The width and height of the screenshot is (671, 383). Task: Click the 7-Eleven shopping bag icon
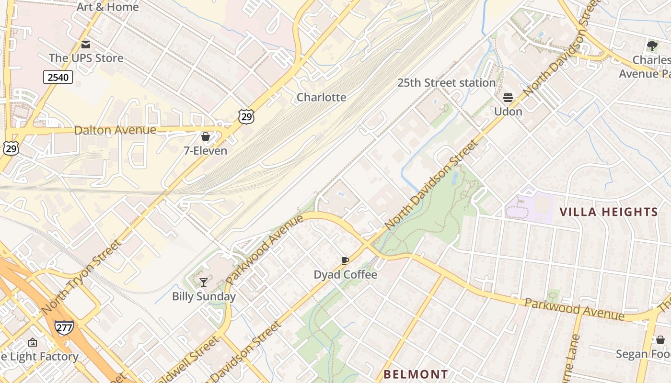coord(206,136)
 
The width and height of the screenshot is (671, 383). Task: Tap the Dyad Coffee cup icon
coord(345,260)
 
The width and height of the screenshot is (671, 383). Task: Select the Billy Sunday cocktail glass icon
coord(204,282)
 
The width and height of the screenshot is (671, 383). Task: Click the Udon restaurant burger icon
coord(508,98)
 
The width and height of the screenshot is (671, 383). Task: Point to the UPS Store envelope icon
coord(86,45)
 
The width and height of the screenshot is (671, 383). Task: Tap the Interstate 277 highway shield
coord(64,328)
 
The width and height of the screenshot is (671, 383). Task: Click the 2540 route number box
coord(58,77)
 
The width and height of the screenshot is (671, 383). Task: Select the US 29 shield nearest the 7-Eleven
coord(246,116)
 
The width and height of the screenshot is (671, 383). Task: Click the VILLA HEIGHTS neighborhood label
coord(609,212)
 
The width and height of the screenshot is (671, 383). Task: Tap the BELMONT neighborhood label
coord(416,374)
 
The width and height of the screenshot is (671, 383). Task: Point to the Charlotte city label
coord(321,97)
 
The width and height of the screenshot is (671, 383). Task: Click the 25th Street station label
coord(446,83)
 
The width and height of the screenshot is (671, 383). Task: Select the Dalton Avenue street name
coord(115,130)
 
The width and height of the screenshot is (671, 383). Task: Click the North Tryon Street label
coord(81,278)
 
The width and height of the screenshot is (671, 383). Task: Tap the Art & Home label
coord(107,7)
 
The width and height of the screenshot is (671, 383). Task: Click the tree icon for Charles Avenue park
coord(652,46)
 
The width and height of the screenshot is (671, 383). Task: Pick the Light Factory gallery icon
coord(33,342)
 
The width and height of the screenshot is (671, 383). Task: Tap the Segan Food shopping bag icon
coord(660,340)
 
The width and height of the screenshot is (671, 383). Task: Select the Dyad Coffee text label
coord(345,275)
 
